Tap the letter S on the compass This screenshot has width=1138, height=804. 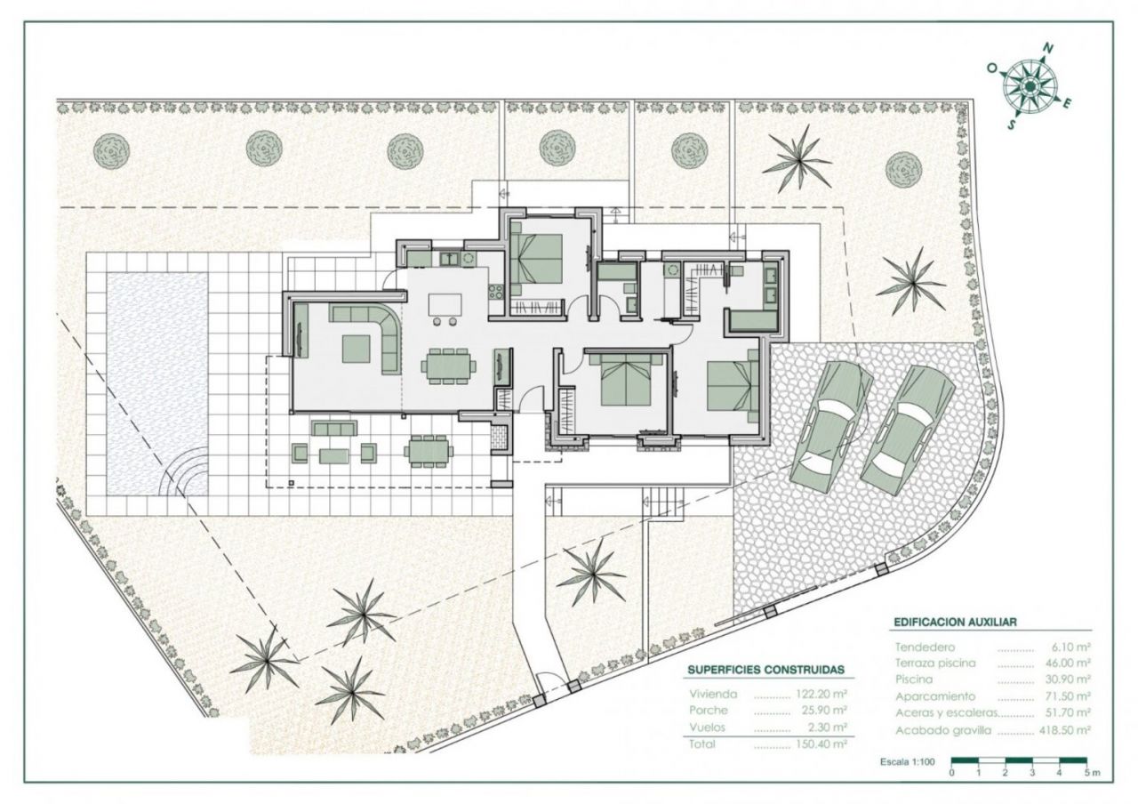[1012, 125]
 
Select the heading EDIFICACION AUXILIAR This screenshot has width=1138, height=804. [955, 622]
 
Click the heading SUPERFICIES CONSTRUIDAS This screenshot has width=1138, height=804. [766, 670]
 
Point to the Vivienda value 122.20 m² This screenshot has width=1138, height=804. [822, 694]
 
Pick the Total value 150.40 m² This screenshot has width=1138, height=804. [822, 744]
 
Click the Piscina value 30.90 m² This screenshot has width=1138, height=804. [1068, 679]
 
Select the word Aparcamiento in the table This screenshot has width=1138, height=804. [928, 696]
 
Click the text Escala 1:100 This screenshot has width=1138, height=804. [908, 762]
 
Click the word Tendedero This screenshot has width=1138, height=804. [925, 647]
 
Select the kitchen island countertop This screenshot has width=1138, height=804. [445, 305]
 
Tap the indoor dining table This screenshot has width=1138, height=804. [448, 366]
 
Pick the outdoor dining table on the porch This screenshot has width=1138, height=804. [428, 451]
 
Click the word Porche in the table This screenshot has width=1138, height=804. [709, 711]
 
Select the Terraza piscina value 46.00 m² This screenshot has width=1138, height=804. [1068, 663]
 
